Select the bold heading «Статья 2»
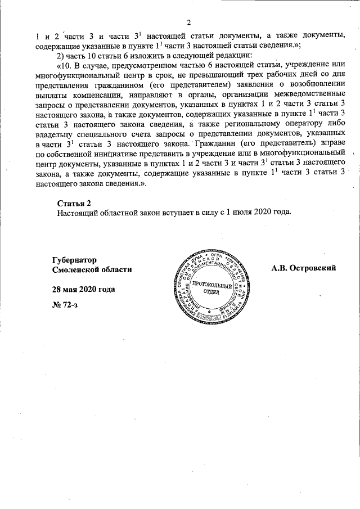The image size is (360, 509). click(x=74, y=202)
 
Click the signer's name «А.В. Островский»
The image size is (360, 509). click(x=303, y=268)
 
